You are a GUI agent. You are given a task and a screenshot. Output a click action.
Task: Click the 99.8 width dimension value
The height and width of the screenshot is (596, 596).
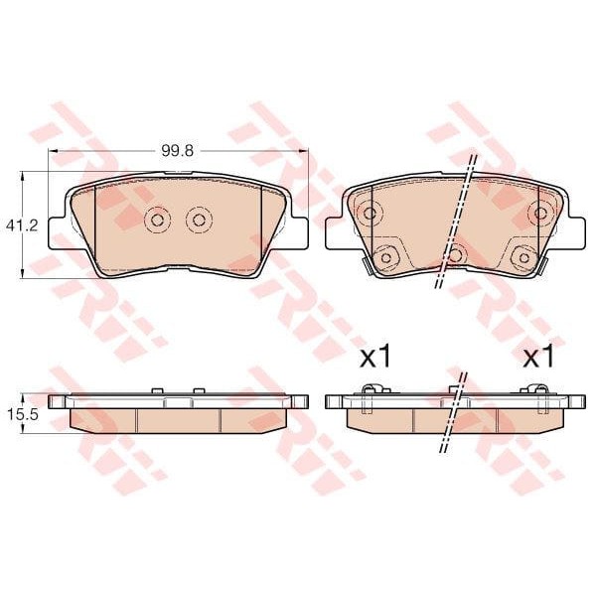click(x=178, y=151)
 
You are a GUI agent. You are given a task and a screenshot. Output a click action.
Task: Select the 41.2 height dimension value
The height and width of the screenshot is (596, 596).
click(x=22, y=226)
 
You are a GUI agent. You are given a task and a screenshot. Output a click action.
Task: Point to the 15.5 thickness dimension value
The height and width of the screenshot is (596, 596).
click(x=22, y=414)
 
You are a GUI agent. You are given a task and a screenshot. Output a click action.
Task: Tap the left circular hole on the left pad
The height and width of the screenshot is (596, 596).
click(x=157, y=220)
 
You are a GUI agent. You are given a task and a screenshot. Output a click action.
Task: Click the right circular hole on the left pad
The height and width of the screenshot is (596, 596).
click(x=199, y=220)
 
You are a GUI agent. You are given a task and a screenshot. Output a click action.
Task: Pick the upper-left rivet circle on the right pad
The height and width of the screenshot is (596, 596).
click(x=370, y=213)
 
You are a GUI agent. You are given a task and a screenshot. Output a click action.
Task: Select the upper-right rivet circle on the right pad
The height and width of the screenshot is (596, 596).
click(x=540, y=213)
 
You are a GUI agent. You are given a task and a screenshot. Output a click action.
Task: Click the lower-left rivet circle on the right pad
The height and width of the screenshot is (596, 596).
click(x=385, y=258)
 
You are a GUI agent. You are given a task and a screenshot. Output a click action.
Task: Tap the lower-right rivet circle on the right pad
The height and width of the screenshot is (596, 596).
click(x=523, y=258)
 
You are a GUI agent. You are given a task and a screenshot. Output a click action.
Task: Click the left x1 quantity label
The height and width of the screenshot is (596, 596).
click(x=375, y=358)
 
